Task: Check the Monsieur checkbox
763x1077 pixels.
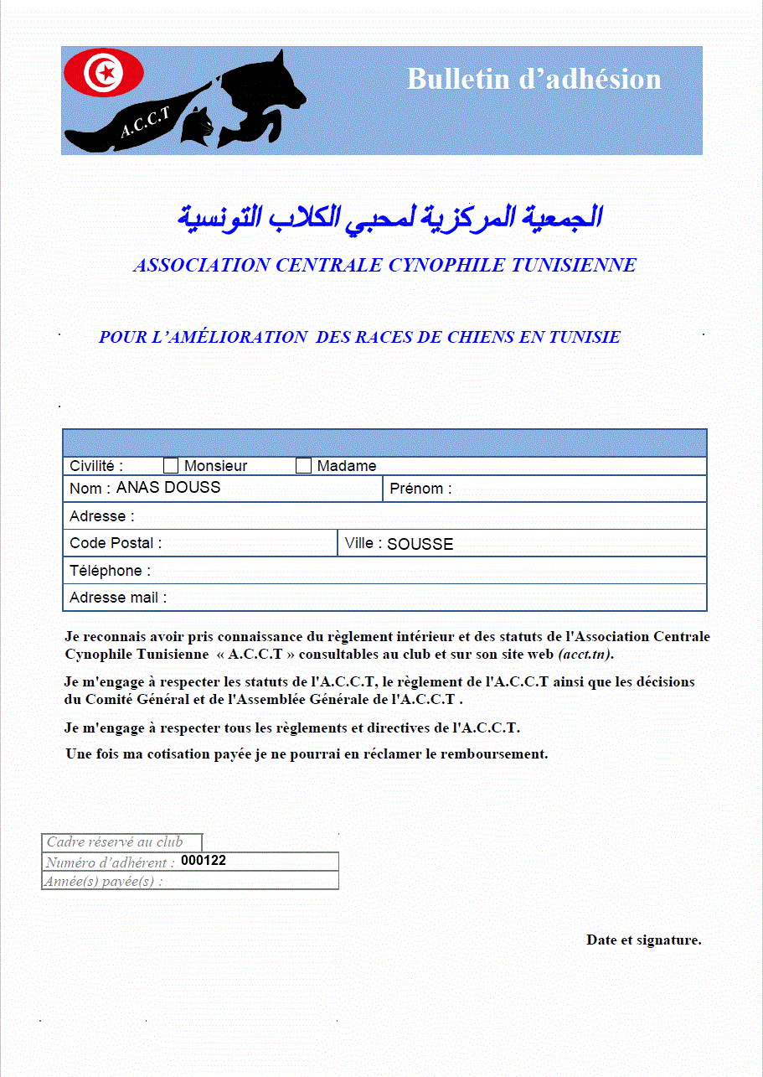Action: tap(171, 466)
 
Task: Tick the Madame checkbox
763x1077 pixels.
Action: tap(303, 466)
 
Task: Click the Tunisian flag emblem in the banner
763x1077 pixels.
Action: tap(104, 73)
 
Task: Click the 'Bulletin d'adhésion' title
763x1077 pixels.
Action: tap(534, 79)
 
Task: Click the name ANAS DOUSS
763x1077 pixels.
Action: tap(168, 488)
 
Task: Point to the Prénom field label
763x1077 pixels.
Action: tap(420, 489)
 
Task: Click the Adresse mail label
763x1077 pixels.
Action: tap(118, 598)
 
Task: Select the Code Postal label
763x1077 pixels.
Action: tap(116, 543)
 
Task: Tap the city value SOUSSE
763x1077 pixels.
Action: tap(420, 544)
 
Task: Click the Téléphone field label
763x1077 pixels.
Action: tap(111, 571)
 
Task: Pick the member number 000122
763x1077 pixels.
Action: tap(204, 861)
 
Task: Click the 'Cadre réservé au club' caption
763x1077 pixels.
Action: tap(115, 842)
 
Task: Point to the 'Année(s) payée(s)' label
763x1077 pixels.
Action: tap(104, 881)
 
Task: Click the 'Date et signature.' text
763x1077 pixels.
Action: tap(643, 940)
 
